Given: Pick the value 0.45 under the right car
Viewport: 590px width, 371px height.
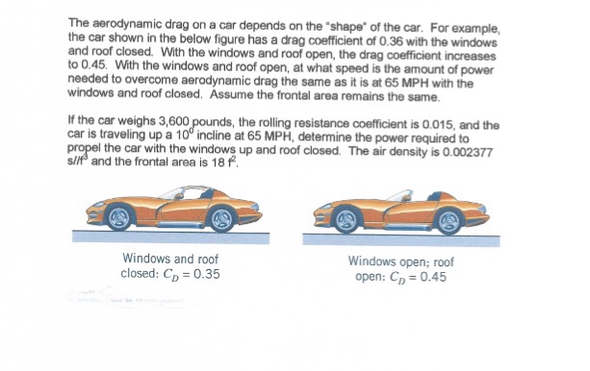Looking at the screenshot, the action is coord(428,279).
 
